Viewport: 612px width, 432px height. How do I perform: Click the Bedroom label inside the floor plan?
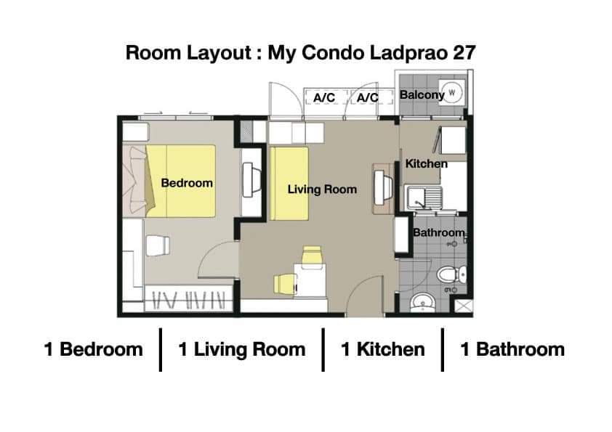point(187,183)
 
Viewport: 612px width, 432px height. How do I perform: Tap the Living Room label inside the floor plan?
point(322,189)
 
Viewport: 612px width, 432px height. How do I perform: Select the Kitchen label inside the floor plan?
point(426,164)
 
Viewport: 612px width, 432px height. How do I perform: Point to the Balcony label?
point(422,95)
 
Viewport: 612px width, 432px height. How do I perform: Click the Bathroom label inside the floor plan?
point(439,232)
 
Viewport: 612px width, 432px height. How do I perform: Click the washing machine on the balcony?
point(452,93)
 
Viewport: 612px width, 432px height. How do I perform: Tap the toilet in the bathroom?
point(451,274)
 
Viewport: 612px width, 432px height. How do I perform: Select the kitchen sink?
point(424,197)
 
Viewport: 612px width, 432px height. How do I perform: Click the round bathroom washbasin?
point(422,303)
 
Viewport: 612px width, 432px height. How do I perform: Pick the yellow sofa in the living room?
point(289,183)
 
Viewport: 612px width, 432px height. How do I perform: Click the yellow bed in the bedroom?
point(181,181)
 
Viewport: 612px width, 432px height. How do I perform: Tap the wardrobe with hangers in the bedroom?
point(189,298)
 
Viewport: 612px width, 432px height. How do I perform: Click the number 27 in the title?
point(464,52)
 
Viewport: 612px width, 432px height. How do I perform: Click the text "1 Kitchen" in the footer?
point(382,349)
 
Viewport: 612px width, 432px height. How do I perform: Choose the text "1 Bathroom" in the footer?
point(512,349)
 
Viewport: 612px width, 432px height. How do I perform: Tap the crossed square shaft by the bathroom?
point(464,306)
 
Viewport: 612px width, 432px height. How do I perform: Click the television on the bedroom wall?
point(251,180)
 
